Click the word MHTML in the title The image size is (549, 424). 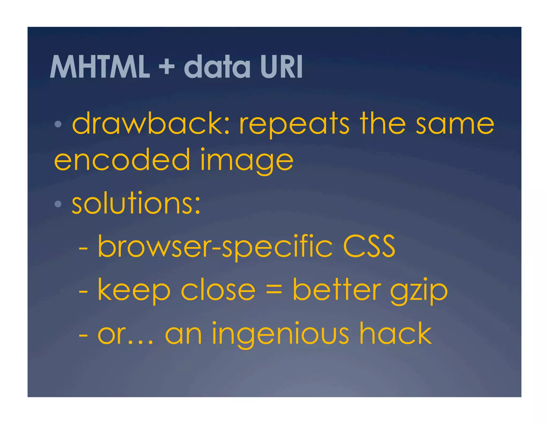[x=99, y=67]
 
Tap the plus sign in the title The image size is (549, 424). [x=166, y=67]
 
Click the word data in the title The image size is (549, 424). [x=217, y=67]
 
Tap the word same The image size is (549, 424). [x=455, y=124]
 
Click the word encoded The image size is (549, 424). [x=122, y=160]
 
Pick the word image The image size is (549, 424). [x=247, y=161]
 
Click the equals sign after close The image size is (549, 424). [x=274, y=290]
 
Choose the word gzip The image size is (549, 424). [x=418, y=291]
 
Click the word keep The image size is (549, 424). [x=134, y=291]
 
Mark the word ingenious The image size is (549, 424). [x=280, y=334]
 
